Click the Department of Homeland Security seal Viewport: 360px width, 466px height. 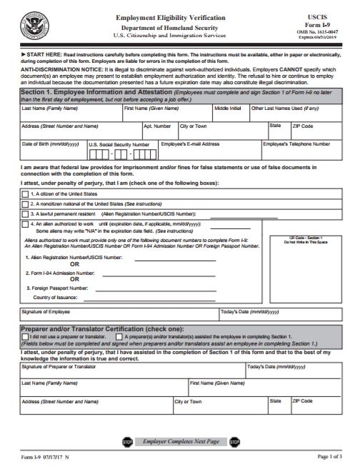coord(32,24)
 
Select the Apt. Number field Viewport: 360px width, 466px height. coord(159,130)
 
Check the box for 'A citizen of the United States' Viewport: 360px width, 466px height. coord(26,194)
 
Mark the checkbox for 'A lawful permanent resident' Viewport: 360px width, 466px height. coord(26,213)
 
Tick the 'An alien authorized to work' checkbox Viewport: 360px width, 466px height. coord(26,223)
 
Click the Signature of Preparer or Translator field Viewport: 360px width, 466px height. coord(132,371)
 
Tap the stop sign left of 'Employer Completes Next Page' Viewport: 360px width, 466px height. coord(127,442)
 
